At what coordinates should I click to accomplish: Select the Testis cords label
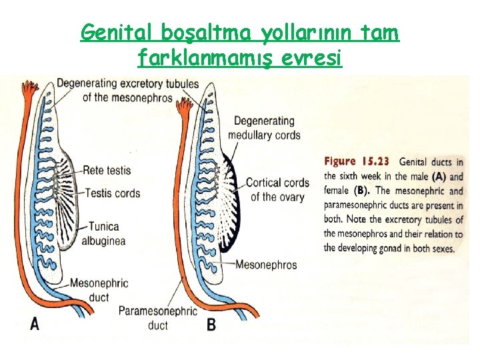coord(113,193)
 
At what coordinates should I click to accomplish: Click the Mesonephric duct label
coord(99,289)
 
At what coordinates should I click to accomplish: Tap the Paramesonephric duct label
coord(158,318)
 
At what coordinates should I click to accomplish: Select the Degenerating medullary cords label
coord(264,128)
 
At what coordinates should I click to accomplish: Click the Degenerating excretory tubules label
coord(127,90)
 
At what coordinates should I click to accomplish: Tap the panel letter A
coord(35,324)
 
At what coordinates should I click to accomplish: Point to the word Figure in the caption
coord(340,162)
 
